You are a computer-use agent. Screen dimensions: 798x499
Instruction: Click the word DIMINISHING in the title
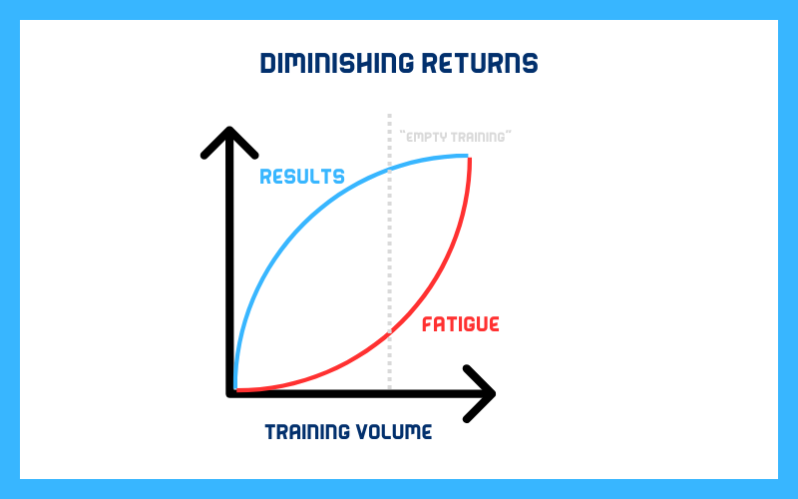pyautogui.click(x=337, y=63)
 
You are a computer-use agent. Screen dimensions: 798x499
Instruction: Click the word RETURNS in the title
pyautogui.click(x=480, y=63)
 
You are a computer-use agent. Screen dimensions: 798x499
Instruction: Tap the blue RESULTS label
pyautogui.click(x=302, y=177)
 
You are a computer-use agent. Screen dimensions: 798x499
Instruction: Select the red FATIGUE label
pyautogui.click(x=461, y=324)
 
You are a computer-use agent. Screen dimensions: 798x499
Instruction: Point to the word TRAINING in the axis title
pyautogui.click(x=307, y=432)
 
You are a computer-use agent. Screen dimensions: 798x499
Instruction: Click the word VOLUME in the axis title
pyautogui.click(x=394, y=432)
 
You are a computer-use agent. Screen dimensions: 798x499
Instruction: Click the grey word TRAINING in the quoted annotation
pyautogui.click(x=480, y=137)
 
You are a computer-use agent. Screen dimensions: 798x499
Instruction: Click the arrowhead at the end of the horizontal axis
pyautogui.click(x=482, y=393)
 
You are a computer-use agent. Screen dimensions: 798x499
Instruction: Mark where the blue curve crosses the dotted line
pyautogui.click(x=390, y=170)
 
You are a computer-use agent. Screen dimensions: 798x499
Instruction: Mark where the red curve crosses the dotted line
pyautogui.click(x=390, y=332)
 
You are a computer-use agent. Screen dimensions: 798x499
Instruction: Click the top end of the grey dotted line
pyautogui.click(x=390, y=116)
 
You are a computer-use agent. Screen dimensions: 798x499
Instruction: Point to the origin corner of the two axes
pyautogui.click(x=230, y=393)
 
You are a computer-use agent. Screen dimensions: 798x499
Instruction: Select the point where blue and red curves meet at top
pyautogui.click(x=469, y=157)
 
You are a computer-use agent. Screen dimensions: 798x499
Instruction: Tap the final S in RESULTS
pyautogui.click(x=339, y=177)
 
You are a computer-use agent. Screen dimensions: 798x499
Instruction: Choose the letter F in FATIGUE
pyautogui.click(x=428, y=324)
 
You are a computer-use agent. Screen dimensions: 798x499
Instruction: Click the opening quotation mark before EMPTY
pyautogui.click(x=402, y=134)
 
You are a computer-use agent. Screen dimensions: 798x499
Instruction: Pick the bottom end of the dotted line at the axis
pyautogui.click(x=390, y=387)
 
